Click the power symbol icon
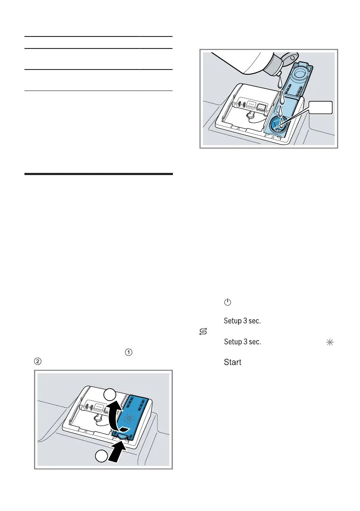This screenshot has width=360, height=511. coord(227,302)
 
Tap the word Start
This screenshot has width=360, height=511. coord(233,363)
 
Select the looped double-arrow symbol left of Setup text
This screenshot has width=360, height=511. coord(203,331)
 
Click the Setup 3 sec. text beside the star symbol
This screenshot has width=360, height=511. coord(243,342)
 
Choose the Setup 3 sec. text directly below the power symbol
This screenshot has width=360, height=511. coord(243,321)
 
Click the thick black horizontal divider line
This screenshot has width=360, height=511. coord(99,174)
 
